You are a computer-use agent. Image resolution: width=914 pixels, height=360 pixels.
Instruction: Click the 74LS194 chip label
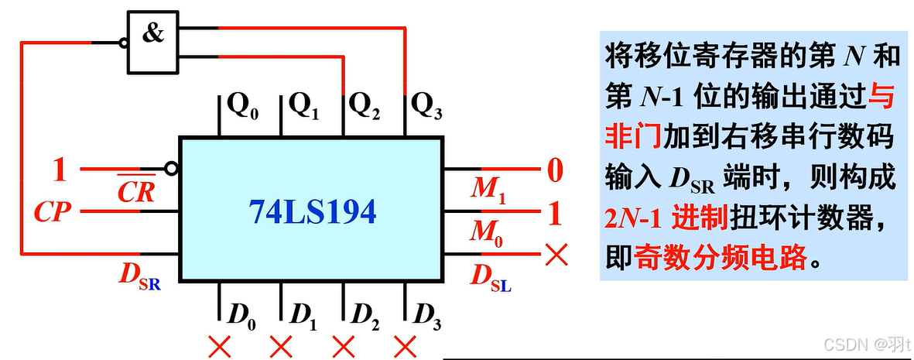(312, 211)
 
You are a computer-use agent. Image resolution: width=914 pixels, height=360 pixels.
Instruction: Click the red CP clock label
(53, 212)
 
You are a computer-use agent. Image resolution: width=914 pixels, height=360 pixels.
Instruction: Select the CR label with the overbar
(136, 191)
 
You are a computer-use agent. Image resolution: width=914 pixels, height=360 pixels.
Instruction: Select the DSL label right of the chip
(490, 276)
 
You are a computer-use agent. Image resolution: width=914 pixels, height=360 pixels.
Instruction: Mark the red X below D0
(221, 345)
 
